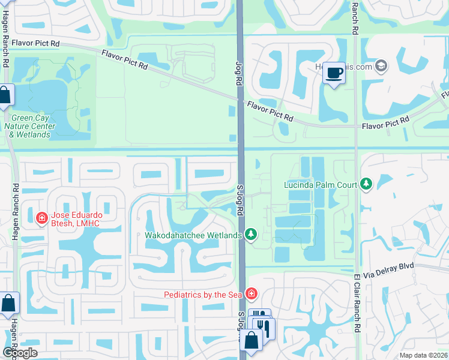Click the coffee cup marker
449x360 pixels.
pyautogui.click(x=334, y=73)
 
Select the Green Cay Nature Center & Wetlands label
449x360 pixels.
pyautogui.click(x=29, y=127)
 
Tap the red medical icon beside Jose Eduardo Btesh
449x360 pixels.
pyautogui.click(x=41, y=218)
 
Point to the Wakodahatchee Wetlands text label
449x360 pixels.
pyautogui.click(x=193, y=235)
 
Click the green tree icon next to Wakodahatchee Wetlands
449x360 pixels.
pyautogui.click(x=252, y=235)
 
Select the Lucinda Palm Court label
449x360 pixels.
pyautogui.click(x=321, y=185)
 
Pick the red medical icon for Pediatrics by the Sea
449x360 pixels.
pyautogui.click(x=252, y=293)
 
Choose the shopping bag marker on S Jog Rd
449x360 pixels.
pyautogui.click(x=252, y=340)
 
